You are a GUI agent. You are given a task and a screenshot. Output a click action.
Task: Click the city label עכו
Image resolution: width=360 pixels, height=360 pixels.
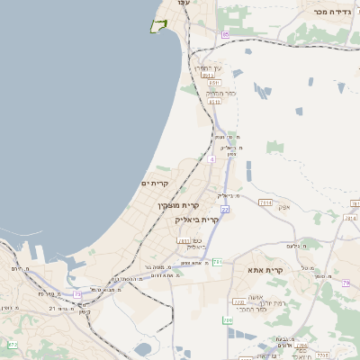pos(184,4)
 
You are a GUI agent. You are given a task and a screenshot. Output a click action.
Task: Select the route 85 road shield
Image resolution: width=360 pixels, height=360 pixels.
pos(225,34)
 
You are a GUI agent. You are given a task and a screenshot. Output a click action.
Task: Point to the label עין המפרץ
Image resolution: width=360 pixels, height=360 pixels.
pos(206,68)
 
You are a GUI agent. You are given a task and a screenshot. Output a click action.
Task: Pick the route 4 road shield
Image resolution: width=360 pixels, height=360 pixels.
pos(211,159)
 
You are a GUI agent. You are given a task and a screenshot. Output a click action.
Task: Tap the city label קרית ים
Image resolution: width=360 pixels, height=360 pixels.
pos(156,183)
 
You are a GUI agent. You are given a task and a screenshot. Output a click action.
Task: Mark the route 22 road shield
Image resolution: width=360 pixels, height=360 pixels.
pos(224,210)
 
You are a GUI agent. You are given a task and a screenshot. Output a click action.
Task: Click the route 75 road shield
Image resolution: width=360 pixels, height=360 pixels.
pos(77,294)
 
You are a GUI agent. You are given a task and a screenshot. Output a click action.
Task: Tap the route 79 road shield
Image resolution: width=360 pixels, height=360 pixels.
pos(346,283)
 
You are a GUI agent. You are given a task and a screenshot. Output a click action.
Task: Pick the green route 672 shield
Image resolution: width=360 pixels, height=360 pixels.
pos(13,345)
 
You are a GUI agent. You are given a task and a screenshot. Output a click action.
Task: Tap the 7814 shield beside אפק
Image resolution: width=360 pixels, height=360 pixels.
pos(265,203)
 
